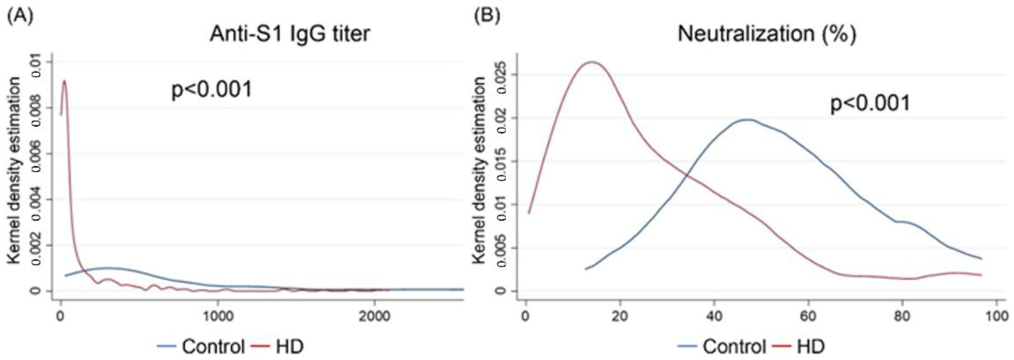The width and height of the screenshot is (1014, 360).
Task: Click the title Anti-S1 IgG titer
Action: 290,34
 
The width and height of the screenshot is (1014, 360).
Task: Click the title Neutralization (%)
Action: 766,34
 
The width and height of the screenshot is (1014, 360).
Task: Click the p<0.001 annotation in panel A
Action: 212,90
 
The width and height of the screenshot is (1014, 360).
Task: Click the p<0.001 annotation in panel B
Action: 870,103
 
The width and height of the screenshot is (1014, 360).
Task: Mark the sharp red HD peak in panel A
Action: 64,81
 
